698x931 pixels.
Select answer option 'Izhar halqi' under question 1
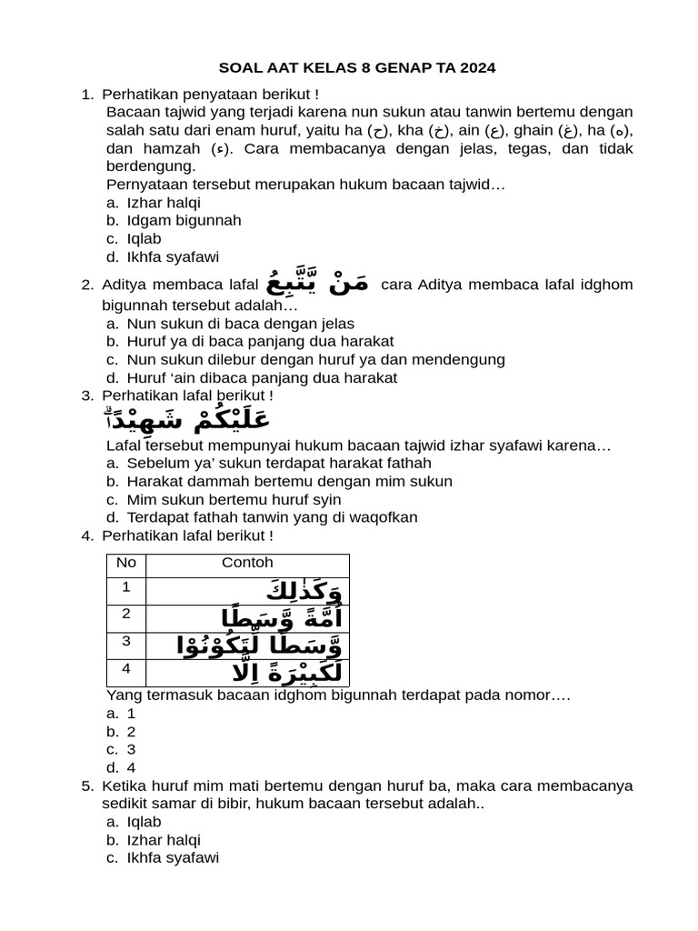tap(164, 203)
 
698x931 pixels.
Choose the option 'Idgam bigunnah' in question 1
tap(184, 221)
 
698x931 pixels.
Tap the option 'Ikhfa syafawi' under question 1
tap(173, 257)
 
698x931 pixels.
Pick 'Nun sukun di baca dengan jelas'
tap(240, 324)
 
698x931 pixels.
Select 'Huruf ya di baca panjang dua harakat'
tap(260, 342)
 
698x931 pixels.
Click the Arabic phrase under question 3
tap(187, 421)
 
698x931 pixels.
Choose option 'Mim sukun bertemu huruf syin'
tap(234, 499)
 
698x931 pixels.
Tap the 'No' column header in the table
tap(126, 564)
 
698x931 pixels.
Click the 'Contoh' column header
tap(247, 564)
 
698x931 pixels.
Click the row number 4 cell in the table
tap(126, 669)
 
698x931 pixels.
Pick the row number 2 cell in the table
tap(126, 614)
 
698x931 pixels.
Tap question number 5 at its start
tap(87, 786)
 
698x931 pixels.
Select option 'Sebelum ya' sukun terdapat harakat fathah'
tap(266, 463)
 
